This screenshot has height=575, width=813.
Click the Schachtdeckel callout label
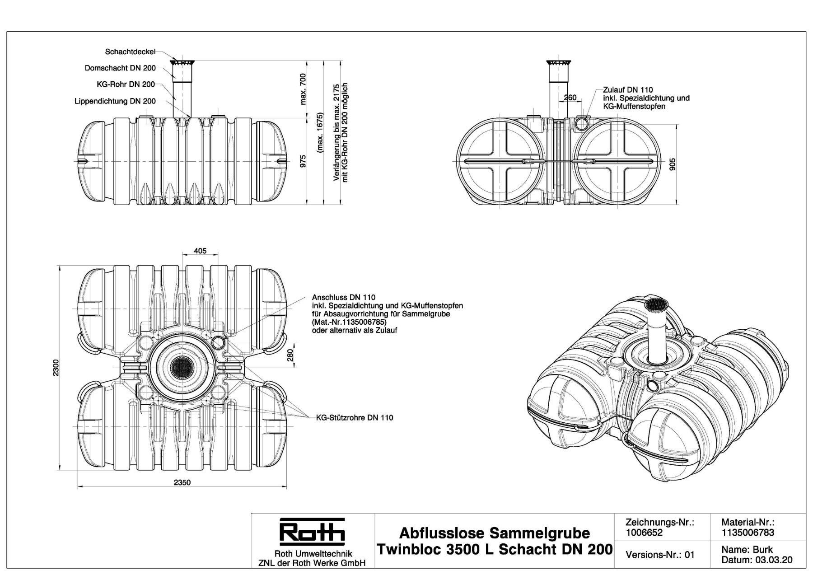[130, 52]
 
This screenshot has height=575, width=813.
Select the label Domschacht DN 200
[120, 68]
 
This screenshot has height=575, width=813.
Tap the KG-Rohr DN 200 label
[126, 84]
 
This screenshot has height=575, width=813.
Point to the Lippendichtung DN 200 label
[115, 101]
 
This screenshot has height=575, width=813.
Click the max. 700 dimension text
[303, 89]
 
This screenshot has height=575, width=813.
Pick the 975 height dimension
[303, 161]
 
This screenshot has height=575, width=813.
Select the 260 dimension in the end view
[570, 98]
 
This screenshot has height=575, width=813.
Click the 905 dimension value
[673, 164]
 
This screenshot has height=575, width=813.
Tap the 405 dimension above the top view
[200, 251]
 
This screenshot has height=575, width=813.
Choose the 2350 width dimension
[182, 482]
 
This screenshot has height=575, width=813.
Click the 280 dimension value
[290, 355]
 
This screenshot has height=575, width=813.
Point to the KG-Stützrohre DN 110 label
[354, 418]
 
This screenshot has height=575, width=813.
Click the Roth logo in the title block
[312, 530]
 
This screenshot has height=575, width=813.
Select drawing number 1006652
[644, 533]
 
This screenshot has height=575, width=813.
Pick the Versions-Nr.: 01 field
[660, 555]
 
